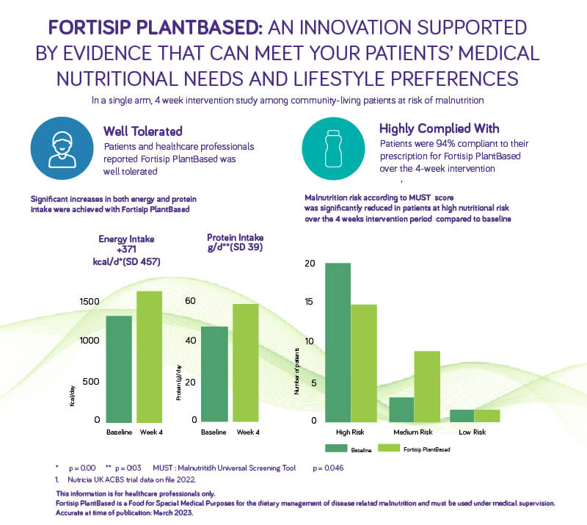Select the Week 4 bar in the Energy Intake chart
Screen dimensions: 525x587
coord(149,356)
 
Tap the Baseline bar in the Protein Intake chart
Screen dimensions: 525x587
coord(214,374)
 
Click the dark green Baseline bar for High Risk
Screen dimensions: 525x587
coord(338,342)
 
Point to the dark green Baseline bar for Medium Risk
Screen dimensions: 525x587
coord(402,409)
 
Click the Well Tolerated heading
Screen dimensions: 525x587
coord(143,131)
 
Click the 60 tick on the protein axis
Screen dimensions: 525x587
coord(190,301)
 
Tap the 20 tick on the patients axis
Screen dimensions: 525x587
coord(309,264)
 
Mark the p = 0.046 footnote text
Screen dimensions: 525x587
coord(328,467)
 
